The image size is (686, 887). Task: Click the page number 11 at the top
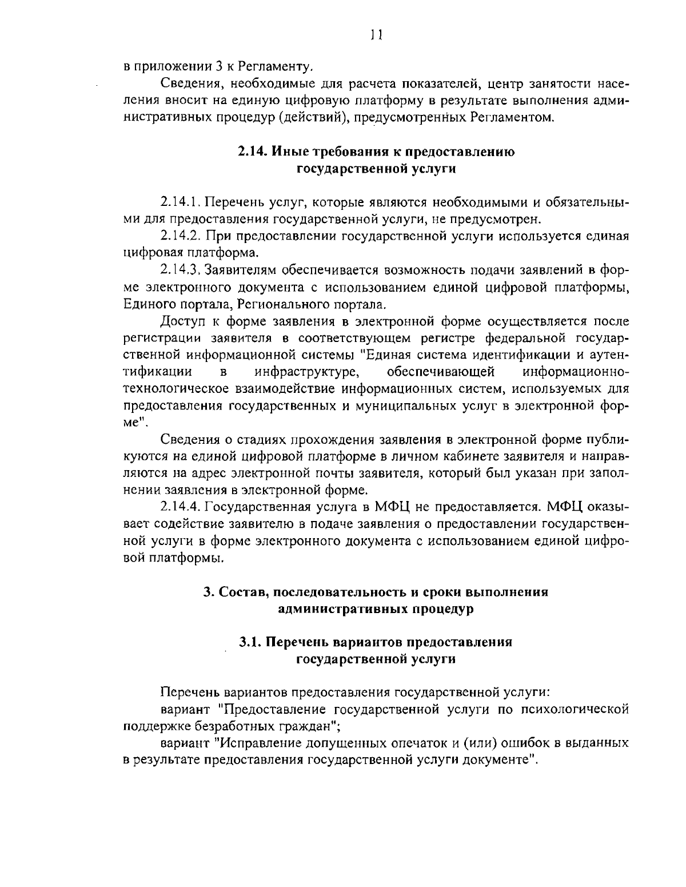point(376,35)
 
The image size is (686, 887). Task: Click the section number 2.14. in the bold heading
point(252,152)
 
